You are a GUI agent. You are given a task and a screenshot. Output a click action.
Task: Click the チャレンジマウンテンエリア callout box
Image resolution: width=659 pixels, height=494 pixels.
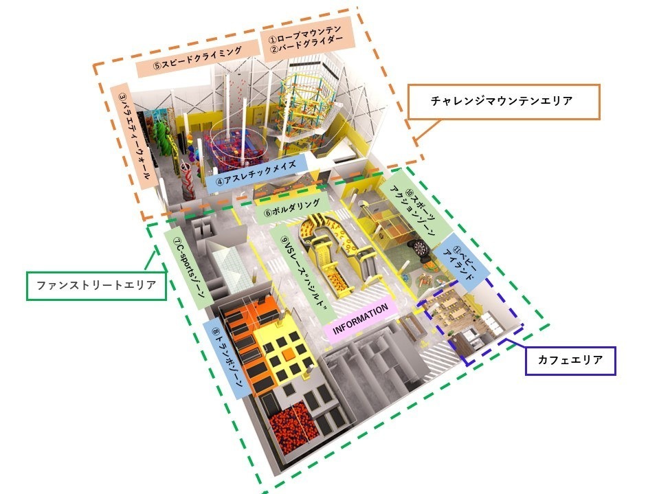(504, 102)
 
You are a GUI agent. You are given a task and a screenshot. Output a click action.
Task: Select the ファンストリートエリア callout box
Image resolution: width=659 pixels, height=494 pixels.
(96, 286)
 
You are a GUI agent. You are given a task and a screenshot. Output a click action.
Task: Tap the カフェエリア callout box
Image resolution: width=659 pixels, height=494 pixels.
(570, 361)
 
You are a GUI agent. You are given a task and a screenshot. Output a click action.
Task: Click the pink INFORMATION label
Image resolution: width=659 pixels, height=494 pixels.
(360, 319)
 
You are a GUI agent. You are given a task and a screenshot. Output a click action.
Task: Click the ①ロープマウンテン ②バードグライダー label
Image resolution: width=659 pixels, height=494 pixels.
(306, 38)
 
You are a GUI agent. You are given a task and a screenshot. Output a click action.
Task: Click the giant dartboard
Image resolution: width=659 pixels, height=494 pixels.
(419, 247)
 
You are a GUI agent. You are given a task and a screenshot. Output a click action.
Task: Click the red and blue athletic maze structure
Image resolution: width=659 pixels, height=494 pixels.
(230, 149)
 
